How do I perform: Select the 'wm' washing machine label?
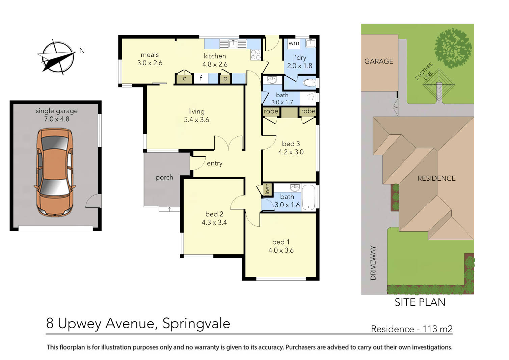click(294, 43)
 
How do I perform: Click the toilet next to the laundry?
click(309, 82)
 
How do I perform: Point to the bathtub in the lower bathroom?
click(309, 197)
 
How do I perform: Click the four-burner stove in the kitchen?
click(256, 55)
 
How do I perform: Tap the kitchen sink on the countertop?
click(233, 44)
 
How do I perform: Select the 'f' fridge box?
click(200, 78)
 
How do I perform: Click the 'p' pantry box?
click(225, 79)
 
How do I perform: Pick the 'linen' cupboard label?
click(267, 189)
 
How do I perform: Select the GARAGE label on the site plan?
click(379, 61)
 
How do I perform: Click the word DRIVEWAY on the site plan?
click(373, 263)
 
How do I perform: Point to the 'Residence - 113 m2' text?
click(411, 329)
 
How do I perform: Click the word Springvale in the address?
click(196, 323)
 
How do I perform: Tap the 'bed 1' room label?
click(280, 242)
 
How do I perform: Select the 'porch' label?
click(164, 177)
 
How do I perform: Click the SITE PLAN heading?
click(420, 302)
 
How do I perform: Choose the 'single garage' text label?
click(57, 111)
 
